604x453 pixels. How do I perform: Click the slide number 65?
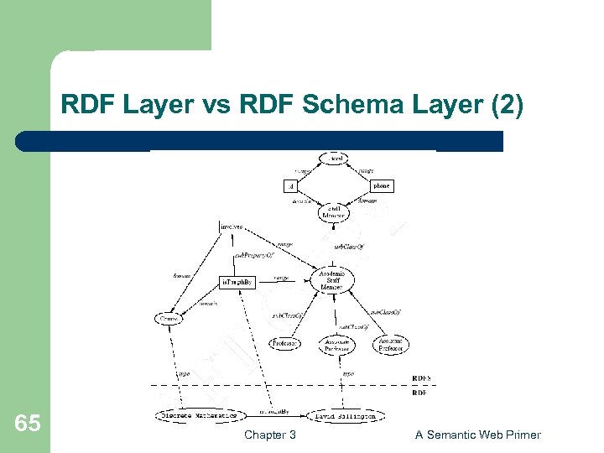(28, 423)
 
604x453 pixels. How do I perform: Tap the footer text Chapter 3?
(269, 435)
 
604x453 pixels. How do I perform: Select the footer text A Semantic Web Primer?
(478, 435)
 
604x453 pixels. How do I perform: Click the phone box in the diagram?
(381, 185)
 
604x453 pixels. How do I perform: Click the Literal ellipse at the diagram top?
(336, 159)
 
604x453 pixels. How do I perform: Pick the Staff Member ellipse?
(333, 213)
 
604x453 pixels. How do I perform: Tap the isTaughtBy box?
(237, 283)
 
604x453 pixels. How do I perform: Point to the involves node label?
(231, 226)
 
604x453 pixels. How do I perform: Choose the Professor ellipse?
(286, 343)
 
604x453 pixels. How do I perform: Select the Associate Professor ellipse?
(337, 345)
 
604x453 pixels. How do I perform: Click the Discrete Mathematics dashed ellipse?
(199, 415)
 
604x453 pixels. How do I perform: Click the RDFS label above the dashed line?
(421, 378)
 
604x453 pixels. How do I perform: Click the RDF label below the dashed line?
(419, 392)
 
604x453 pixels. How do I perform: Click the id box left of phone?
(291, 185)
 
